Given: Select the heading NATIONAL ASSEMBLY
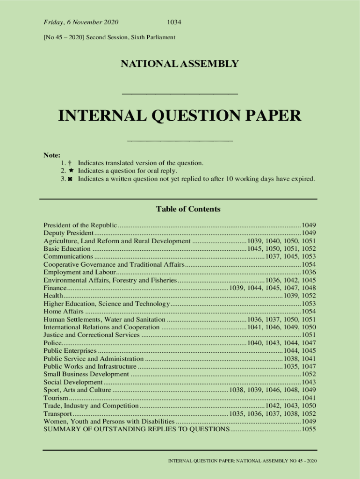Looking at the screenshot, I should click(180, 64).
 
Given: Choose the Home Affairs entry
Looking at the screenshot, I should click(64, 312).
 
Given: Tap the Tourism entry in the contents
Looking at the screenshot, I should click(56, 398).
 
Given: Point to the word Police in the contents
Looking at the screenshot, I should click(52, 343).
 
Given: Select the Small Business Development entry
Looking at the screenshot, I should click(86, 374).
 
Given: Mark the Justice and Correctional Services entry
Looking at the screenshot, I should click(92, 335).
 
